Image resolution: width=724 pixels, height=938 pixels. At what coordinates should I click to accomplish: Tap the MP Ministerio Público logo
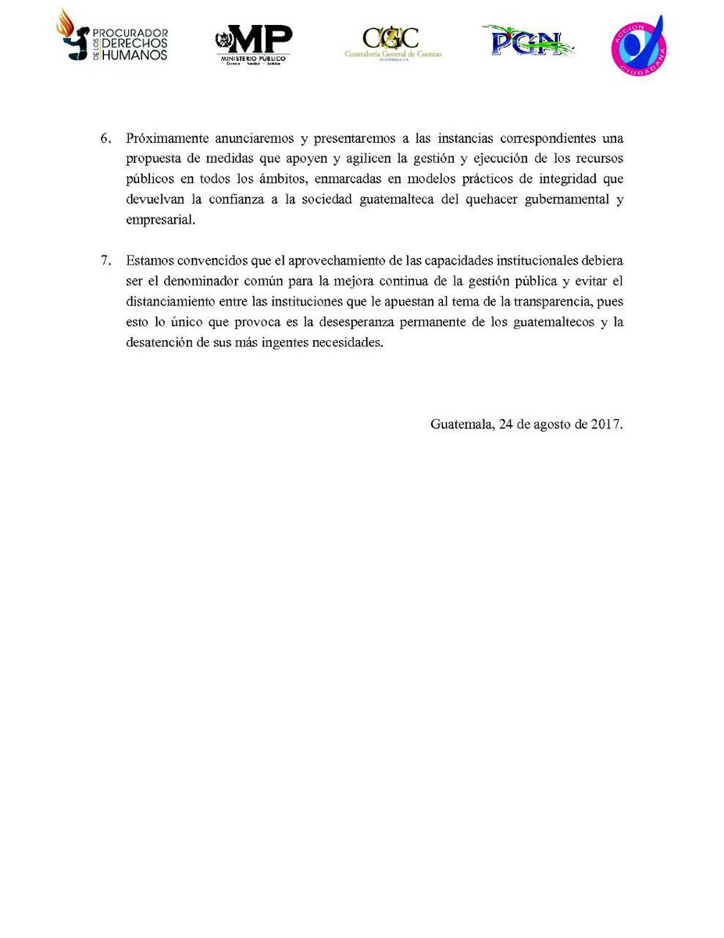253,45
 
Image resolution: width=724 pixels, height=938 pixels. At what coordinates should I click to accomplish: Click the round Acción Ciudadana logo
638,45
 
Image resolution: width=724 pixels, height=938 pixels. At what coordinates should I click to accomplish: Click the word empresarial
159,220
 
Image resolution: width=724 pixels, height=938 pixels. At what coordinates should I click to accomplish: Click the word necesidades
348,342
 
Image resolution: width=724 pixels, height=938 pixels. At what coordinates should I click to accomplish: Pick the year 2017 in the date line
606,424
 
